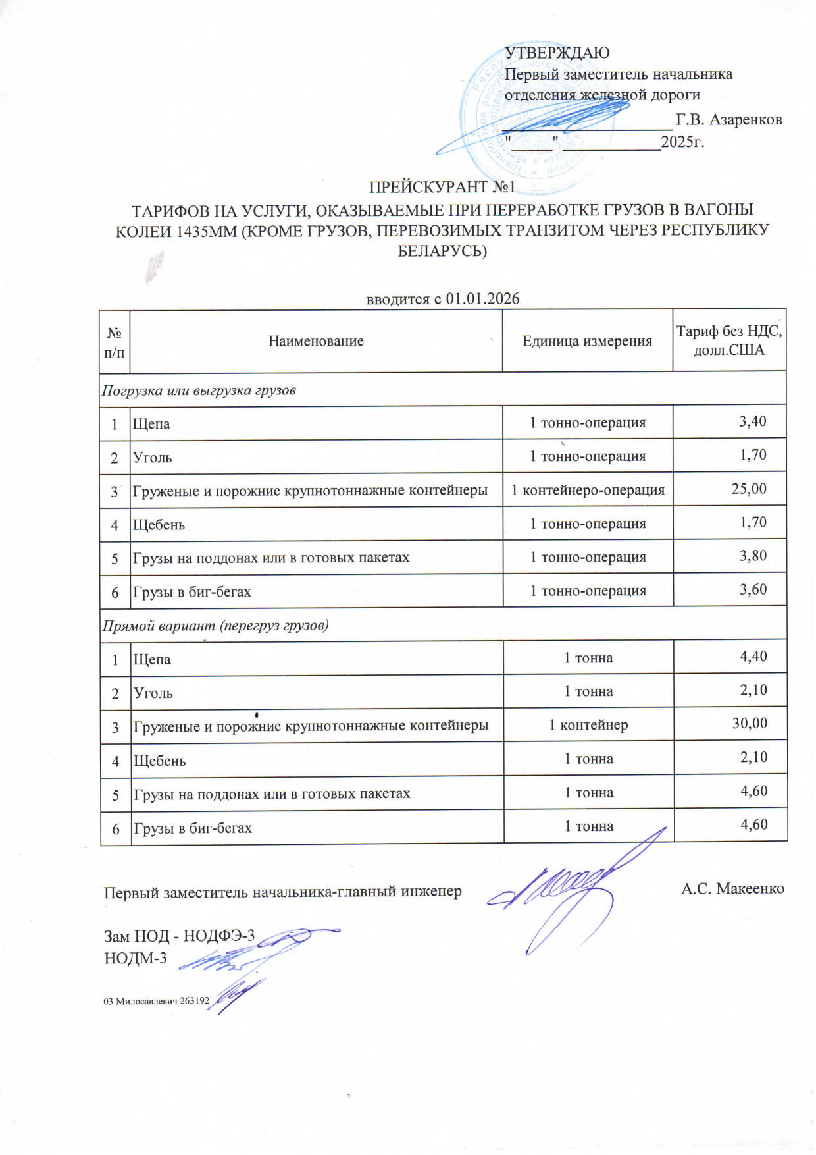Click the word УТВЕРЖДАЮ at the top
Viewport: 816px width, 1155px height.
[557, 53]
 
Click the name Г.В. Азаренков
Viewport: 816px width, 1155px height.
[729, 120]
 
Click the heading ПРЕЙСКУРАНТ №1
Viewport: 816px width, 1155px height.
[442, 188]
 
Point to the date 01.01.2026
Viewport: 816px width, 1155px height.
[482, 299]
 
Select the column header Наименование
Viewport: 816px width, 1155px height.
[316, 341]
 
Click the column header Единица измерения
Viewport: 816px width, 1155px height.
[587, 341]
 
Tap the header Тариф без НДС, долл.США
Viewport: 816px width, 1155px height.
[729, 340]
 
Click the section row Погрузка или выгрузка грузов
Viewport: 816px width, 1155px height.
[199, 390]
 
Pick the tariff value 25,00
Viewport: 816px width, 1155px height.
[749, 489]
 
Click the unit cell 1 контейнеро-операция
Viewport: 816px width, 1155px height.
[588, 490]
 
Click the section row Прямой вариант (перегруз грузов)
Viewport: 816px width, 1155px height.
[215, 625]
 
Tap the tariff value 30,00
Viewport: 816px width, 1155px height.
[750, 723]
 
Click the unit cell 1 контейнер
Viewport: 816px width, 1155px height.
[588, 725]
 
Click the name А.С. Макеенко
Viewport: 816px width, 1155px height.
[732, 889]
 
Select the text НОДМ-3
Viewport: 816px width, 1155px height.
[136, 958]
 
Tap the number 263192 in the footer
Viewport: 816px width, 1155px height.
[195, 1001]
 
